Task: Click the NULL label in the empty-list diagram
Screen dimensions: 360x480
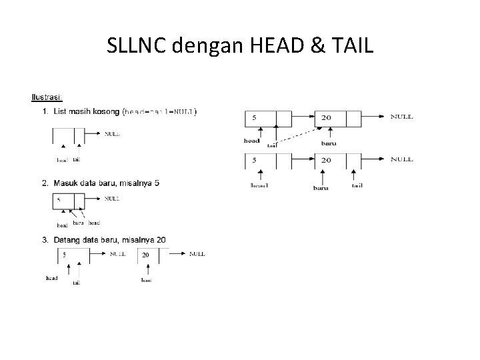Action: click(111, 133)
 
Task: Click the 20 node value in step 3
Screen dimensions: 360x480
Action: click(145, 255)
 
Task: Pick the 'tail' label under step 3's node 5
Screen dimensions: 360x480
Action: click(77, 283)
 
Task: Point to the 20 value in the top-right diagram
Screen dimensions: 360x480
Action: click(325, 117)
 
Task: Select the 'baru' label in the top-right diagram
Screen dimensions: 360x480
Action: click(328, 143)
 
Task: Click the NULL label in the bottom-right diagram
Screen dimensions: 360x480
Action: click(401, 160)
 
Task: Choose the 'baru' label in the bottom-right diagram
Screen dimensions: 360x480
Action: click(321, 187)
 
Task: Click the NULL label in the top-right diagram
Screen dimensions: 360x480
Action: click(401, 117)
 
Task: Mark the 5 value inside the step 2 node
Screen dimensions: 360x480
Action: click(59, 199)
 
